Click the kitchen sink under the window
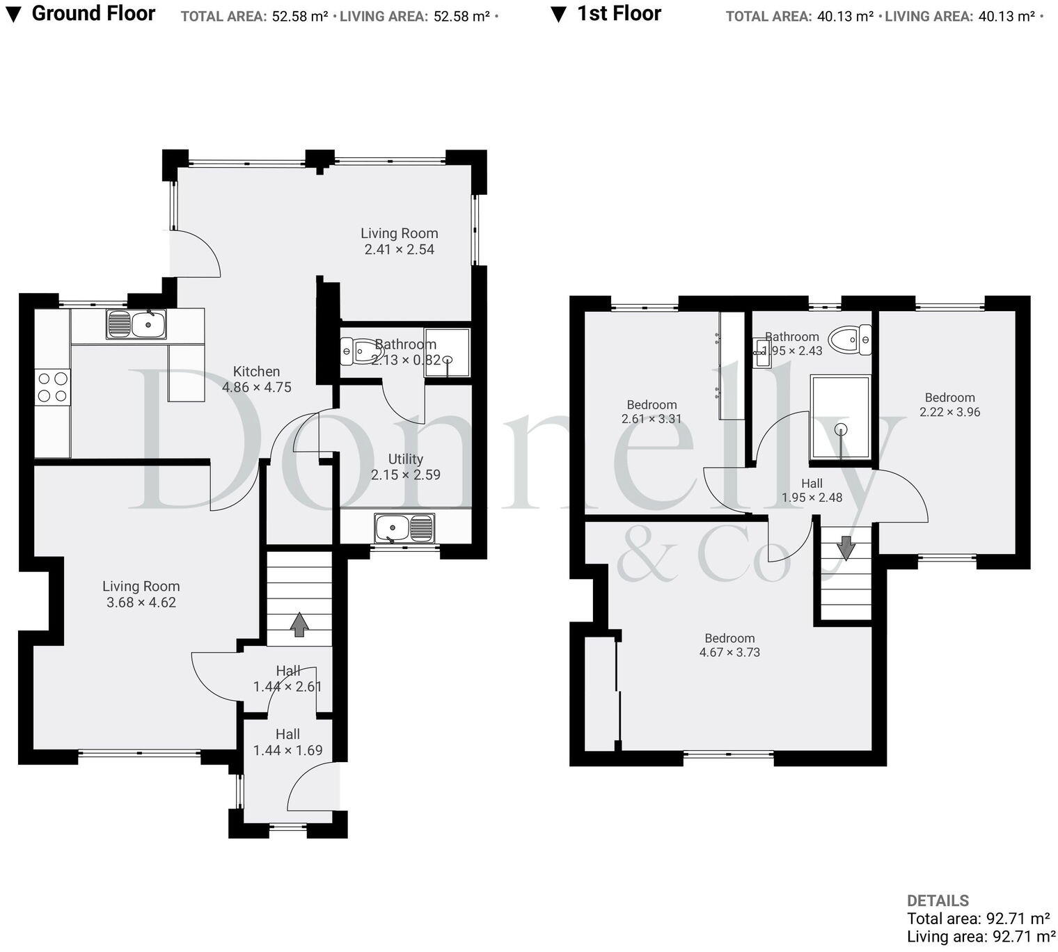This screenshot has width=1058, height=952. click(x=136, y=324)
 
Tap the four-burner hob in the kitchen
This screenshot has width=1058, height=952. click(x=53, y=387)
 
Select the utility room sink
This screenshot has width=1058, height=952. click(x=404, y=528)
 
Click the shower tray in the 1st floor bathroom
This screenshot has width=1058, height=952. click(x=840, y=417)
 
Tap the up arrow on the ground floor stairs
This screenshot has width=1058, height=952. click(x=299, y=624)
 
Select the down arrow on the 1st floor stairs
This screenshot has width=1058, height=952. click(x=846, y=548)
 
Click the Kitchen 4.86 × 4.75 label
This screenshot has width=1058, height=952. click(x=257, y=379)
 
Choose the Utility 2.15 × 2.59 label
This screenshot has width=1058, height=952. click(x=405, y=467)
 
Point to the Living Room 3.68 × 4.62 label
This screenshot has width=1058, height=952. click(x=141, y=594)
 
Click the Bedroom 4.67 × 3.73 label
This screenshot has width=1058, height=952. click(x=729, y=645)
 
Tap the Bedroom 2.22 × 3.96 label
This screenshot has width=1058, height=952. click(x=949, y=404)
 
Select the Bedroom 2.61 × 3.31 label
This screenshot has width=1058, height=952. click(x=652, y=411)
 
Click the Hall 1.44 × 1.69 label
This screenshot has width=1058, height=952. click(x=287, y=742)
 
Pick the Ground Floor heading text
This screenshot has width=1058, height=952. click(x=93, y=13)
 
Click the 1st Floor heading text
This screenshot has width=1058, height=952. click(x=619, y=13)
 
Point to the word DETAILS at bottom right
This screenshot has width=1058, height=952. click(x=938, y=901)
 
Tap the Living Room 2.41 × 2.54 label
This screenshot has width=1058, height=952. click(x=399, y=241)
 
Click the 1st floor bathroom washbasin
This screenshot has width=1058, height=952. click(x=761, y=353)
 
